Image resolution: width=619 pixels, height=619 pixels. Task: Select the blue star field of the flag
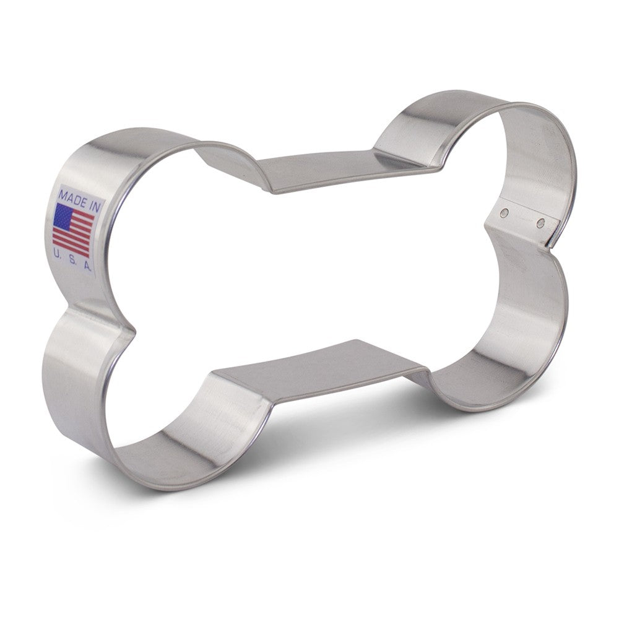63,217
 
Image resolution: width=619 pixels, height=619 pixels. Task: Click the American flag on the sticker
74,230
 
